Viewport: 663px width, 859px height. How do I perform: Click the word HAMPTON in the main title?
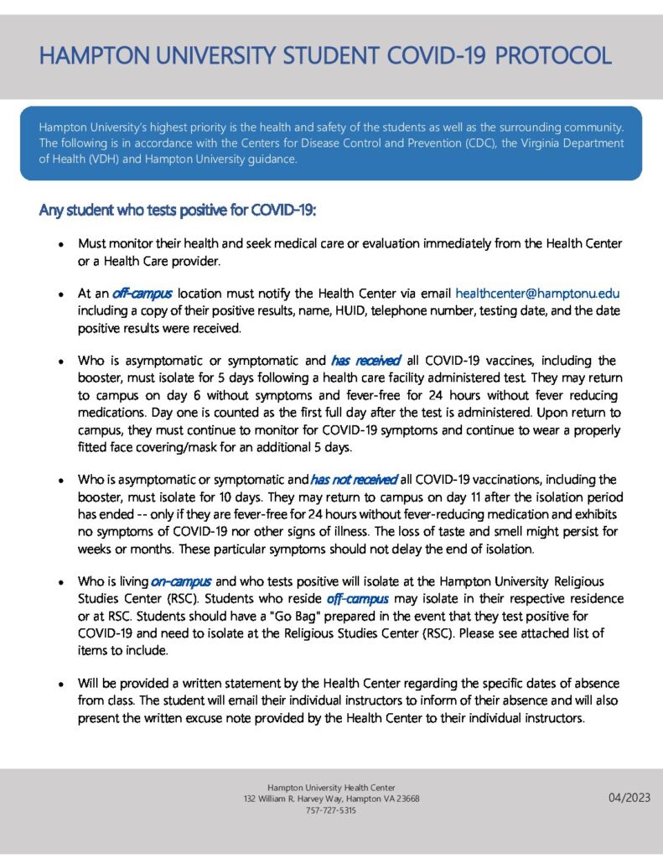(x=91, y=57)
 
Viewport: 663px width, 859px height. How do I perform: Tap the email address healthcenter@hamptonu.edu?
(x=536, y=294)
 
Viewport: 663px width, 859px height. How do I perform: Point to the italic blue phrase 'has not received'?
(x=353, y=480)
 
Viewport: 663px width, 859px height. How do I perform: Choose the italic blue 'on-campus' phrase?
(x=182, y=581)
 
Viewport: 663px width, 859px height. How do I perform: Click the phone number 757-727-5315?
(x=331, y=811)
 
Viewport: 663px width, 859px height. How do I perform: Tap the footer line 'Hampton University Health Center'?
(x=331, y=787)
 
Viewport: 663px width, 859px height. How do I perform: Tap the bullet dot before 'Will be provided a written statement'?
(x=61, y=685)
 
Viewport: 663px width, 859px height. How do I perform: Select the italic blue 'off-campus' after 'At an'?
(x=142, y=294)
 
